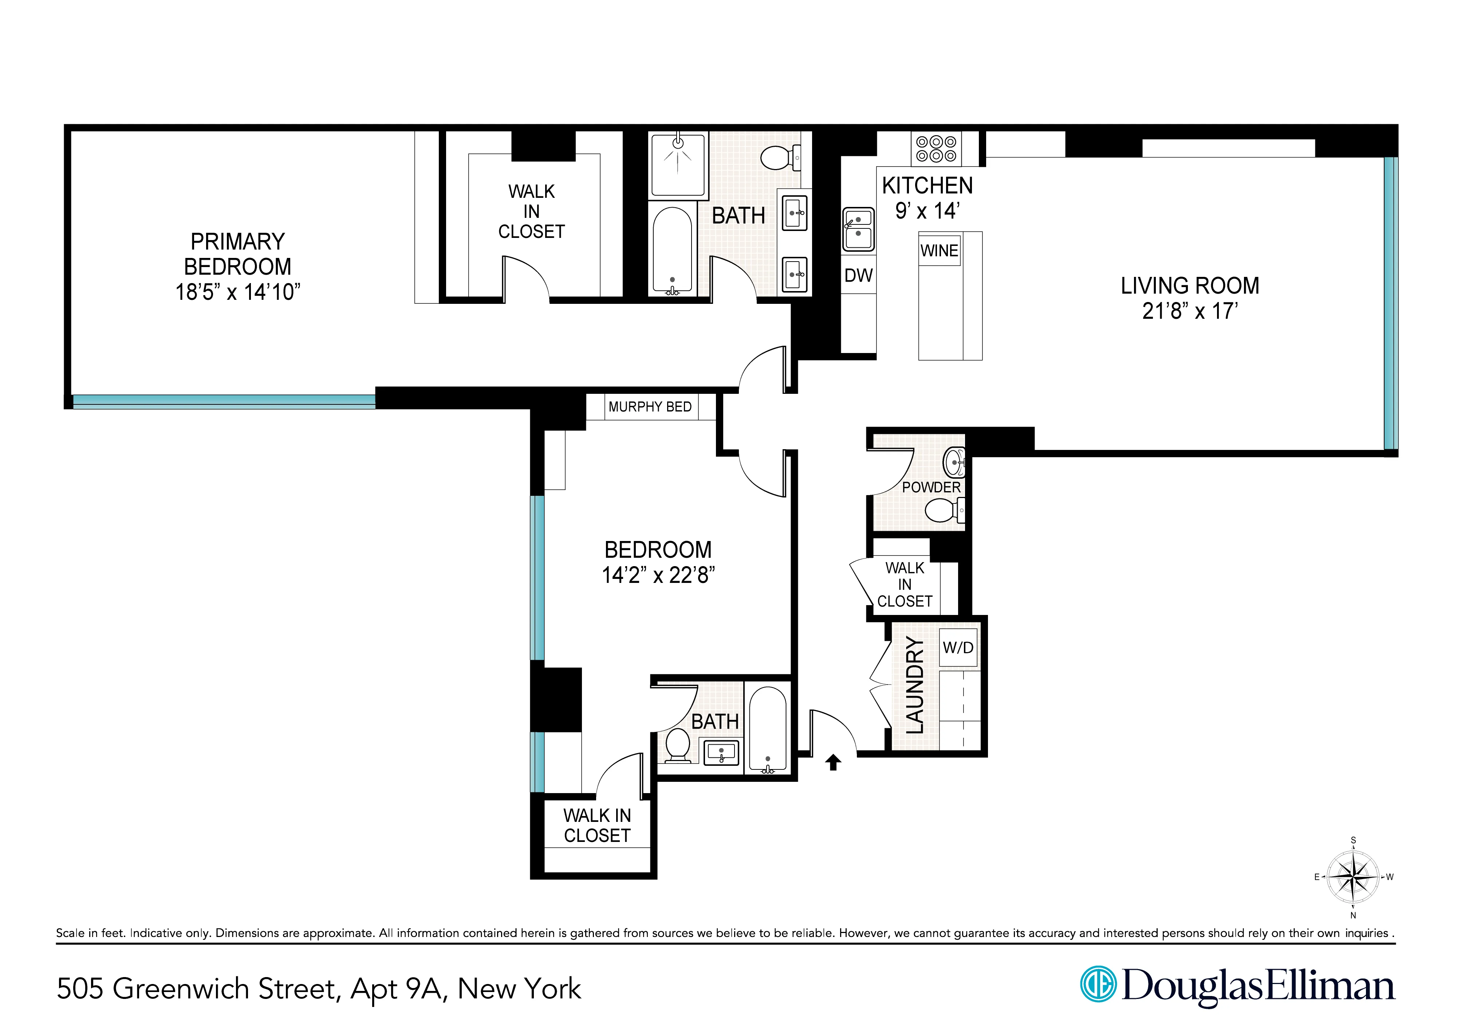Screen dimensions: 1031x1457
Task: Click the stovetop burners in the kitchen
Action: pyautogui.click(x=936, y=149)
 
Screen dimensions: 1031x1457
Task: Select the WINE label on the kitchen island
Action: pyautogui.click(x=939, y=250)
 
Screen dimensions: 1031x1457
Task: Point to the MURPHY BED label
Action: pyautogui.click(x=650, y=407)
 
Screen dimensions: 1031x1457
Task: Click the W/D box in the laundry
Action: pyautogui.click(x=958, y=647)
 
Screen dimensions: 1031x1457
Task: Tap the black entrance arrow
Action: pyautogui.click(x=833, y=762)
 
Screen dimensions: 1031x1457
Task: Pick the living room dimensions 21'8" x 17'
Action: pyautogui.click(x=1190, y=311)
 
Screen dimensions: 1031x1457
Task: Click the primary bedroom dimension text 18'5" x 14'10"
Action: pyautogui.click(x=237, y=292)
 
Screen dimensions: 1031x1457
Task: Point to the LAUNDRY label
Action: pyautogui.click(x=914, y=685)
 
